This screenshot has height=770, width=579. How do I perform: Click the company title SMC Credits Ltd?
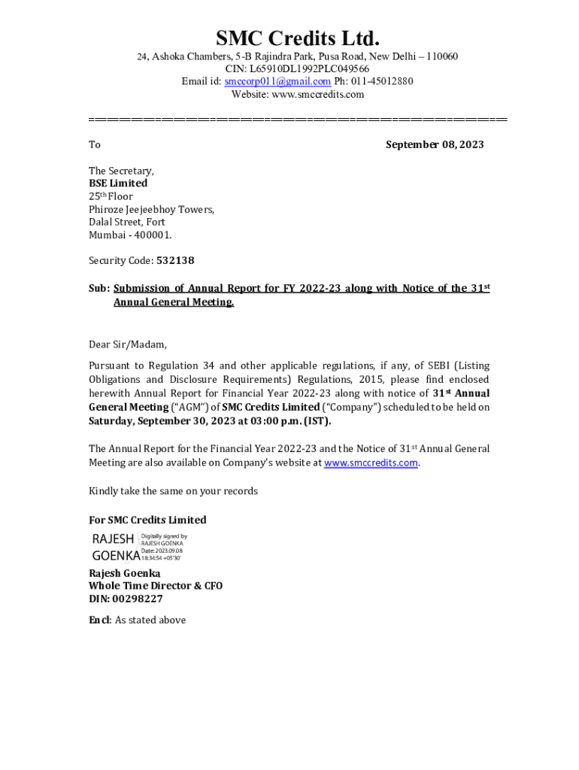298,38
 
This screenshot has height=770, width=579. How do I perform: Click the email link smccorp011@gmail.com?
277,81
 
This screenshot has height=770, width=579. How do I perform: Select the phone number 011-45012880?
380,81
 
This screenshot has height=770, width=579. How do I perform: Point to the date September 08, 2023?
435,144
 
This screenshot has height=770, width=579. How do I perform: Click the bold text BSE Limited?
118,183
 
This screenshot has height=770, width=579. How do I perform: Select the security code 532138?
175,260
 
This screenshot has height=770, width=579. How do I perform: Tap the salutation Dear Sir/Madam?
128,344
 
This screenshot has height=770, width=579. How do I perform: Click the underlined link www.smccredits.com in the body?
371,463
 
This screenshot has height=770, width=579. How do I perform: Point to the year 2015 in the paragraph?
395,380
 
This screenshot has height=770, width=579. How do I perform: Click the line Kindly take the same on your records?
173,491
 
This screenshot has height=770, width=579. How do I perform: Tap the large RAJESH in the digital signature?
113,539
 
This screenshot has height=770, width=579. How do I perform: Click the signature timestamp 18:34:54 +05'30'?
162,559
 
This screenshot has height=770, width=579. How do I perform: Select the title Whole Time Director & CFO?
156,586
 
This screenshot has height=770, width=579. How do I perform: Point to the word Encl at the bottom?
99,620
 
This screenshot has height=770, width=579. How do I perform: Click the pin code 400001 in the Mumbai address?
152,235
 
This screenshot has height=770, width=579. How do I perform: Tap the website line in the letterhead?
298,94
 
